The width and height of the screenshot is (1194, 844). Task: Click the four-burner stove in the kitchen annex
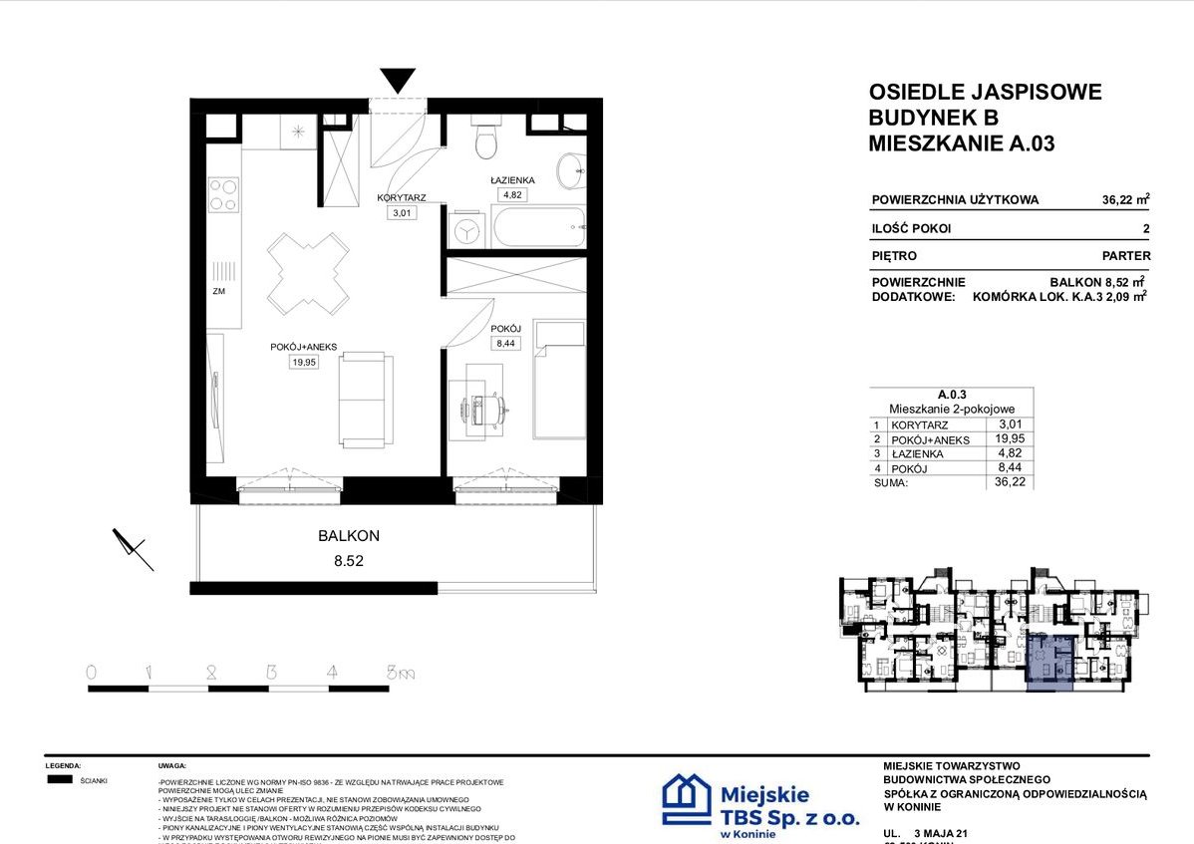click(223, 194)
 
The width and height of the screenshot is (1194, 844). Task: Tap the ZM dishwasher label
click(218, 292)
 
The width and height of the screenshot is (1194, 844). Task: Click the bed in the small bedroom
click(559, 381)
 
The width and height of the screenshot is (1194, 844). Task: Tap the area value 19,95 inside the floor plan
click(304, 363)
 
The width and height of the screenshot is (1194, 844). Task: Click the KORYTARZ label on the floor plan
click(402, 198)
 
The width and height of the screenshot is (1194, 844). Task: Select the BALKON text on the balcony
click(348, 535)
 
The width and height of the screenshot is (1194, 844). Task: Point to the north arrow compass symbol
click(133, 547)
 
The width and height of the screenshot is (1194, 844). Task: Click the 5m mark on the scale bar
click(400, 674)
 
